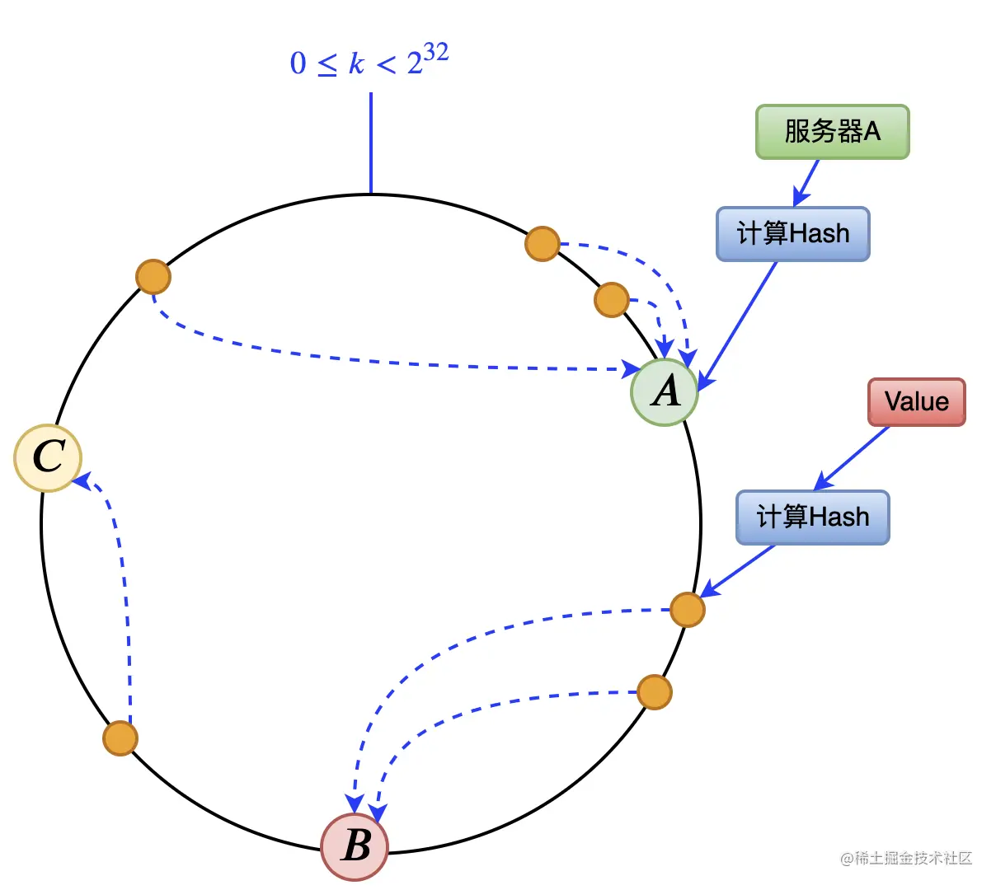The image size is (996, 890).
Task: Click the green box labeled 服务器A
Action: tap(832, 132)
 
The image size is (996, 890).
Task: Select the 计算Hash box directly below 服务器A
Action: tap(792, 234)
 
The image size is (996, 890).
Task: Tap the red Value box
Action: tap(916, 402)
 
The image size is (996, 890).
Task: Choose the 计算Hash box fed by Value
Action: tap(812, 518)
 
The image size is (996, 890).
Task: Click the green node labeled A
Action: tap(665, 392)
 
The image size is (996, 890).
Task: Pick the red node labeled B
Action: tap(355, 846)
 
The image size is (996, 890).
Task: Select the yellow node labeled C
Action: tap(48, 457)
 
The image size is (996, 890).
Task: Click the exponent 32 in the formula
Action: tap(436, 54)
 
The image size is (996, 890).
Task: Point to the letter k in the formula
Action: tap(356, 63)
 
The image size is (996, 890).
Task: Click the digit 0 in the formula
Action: tap(298, 63)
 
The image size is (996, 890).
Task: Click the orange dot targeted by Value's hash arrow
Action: tap(687, 610)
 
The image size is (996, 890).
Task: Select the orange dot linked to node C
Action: tap(120, 738)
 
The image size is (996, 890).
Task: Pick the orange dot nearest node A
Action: tap(611, 300)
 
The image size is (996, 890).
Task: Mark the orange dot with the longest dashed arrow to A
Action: tap(153, 277)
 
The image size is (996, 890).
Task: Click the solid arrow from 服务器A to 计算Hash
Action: tap(806, 183)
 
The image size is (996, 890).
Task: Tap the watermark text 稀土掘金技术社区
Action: tap(913, 859)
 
